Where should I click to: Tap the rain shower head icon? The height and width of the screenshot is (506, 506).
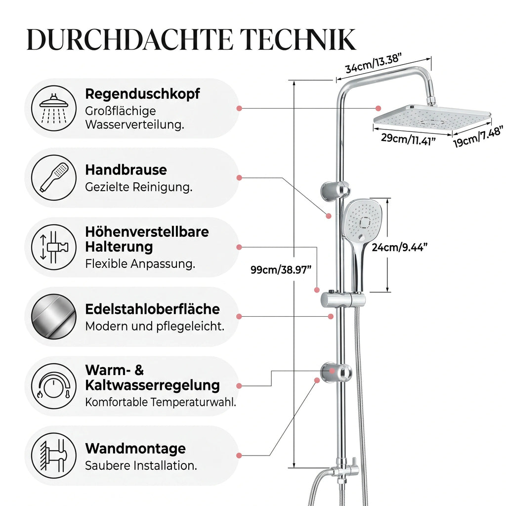coord(54,108)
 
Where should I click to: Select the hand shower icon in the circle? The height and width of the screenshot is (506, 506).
coord(54,177)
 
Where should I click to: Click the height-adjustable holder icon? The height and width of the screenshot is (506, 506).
coord(54,247)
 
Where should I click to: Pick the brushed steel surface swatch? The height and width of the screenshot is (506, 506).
coord(54,317)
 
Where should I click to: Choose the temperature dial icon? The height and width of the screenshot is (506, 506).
coord(54,386)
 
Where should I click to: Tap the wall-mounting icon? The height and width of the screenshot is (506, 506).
coord(54,456)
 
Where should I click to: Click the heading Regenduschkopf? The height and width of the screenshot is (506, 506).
coord(142,94)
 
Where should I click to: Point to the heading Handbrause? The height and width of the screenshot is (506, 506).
coord(126,170)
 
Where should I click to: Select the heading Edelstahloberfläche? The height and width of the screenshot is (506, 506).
coord(152,309)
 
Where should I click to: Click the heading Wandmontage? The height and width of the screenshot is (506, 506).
coord(135,449)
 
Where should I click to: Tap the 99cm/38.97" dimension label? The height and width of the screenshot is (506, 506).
coord(281,270)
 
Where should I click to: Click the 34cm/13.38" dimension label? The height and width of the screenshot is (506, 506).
coord(374,64)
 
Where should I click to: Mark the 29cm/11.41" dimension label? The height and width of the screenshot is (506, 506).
coord(408,139)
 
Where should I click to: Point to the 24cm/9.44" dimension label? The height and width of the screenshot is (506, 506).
coord(399,247)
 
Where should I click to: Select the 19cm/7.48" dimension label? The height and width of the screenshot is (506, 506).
coord(478,137)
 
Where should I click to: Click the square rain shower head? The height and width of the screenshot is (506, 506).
coord(432,120)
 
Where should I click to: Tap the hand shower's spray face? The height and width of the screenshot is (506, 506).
coord(363,219)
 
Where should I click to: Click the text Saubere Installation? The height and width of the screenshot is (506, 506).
coord(141,465)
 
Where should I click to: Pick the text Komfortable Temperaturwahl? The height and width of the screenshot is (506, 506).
coord(161,402)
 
